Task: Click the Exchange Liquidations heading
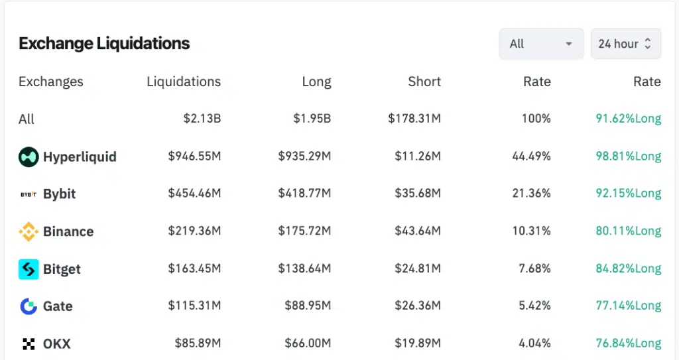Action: click(x=104, y=44)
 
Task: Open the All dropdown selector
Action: click(x=540, y=44)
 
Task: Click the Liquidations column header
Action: click(x=184, y=82)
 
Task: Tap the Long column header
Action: click(x=316, y=82)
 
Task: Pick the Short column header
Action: click(x=424, y=82)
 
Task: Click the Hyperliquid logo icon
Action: click(x=29, y=157)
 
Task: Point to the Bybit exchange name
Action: click(x=60, y=194)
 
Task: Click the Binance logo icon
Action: click(x=29, y=231)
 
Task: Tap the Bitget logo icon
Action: click(x=29, y=269)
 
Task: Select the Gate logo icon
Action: click(x=29, y=306)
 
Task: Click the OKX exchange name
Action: click(x=57, y=344)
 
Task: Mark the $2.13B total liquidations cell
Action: click(x=202, y=119)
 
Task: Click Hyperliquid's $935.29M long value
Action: click(x=304, y=157)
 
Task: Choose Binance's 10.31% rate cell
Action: click(x=531, y=231)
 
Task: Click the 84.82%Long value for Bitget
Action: click(x=628, y=269)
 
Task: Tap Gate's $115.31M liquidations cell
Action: click(x=194, y=306)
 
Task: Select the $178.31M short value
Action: click(x=414, y=119)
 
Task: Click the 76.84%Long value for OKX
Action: click(x=628, y=343)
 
